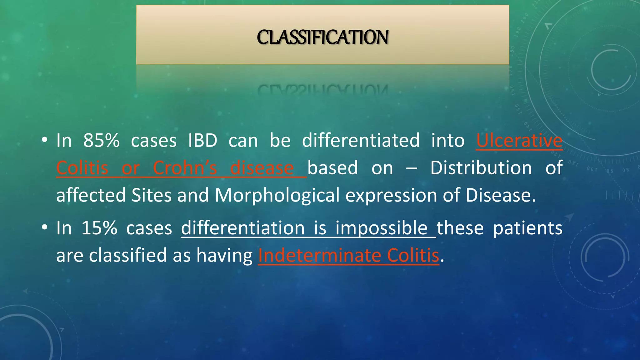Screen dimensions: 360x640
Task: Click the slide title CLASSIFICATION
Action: pos(322,37)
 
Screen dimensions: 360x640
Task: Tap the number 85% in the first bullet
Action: pos(101,140)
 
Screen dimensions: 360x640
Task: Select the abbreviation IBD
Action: pos(202,140)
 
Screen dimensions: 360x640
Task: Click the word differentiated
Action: pos(361,140)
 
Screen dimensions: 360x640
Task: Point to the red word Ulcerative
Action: pos(519,140)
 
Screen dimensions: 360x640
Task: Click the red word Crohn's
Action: pos(185,168)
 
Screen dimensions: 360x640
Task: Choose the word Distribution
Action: pos(481,168)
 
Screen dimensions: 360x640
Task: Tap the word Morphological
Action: pos(277,195)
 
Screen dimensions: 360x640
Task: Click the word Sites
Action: pos(151,195)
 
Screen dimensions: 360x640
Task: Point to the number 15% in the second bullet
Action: pos(99,228)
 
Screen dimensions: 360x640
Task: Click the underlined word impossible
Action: pos(381,228)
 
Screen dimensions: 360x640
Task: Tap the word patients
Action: pos(527,228)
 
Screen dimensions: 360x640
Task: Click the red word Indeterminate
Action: pos(320,255)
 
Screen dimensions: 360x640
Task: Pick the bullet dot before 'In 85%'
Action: pos(44,140)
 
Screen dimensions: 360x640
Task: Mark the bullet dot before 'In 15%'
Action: pos(44,227)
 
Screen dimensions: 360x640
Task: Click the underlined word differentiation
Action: pos(243,228)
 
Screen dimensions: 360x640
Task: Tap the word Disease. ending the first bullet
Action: pos(500,195)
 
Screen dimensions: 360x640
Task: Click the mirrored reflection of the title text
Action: pos(322,90)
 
